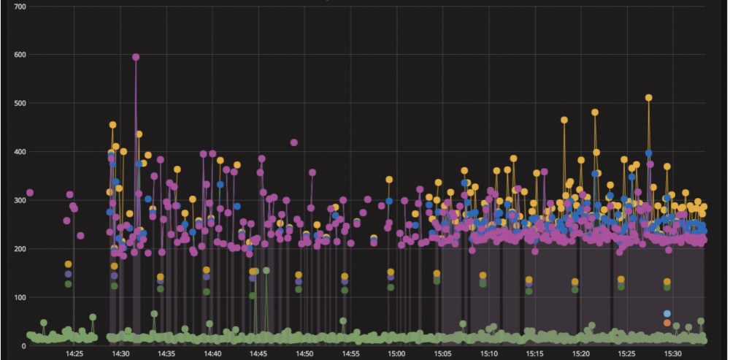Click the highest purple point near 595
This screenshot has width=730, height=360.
pyautogui.click(x=136, y=57)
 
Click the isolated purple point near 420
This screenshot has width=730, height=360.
pyautogui.click(x=294, y=142)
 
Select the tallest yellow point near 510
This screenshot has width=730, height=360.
pyautogui.click(x=648, y=98)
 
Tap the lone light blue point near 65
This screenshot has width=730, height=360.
pyautogui.click(x=667, y=313)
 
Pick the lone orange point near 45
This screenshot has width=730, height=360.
pyautogui.click(x=667, y=322)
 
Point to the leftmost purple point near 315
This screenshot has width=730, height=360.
pyautogui.click(x=30, y=193)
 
